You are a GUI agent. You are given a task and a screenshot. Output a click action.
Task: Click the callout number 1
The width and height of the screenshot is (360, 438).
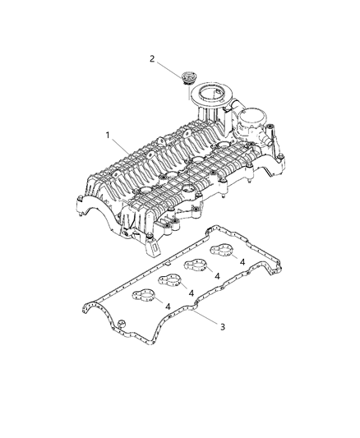pyautogui.click(x=107, y=134)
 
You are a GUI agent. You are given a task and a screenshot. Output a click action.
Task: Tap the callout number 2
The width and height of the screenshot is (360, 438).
pyautogui.click(x=152, y=58)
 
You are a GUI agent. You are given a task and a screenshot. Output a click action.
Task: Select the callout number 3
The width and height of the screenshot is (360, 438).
pyautogui.click(x=199, y=326)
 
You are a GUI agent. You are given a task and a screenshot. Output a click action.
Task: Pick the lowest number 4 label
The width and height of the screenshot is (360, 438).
pyautogui.click(x=168, y=307)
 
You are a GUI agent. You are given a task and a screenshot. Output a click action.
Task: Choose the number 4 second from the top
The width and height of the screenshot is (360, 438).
pyautogui.click(x=217, y=275)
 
